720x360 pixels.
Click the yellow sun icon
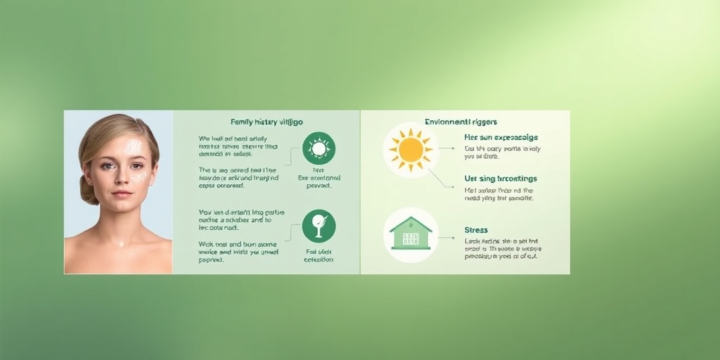pyautogui.click(x=411, y=150)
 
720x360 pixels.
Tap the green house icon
pyautogui.click(x=411, y=233)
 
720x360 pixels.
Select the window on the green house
pyautogui.click(x=411, y=238)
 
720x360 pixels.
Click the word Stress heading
pyautogui.click(x=476, y=230)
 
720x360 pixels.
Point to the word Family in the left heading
pyautogui.click(x=243, y=122)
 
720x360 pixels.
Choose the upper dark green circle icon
pyautogui.click(x=319, y=148)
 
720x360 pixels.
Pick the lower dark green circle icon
pyautogui.click(x=319, y=226)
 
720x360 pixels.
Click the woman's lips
pyautogui.click(x=122, y=193)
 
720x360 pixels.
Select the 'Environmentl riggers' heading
pyautogui.click(x=461, y=122)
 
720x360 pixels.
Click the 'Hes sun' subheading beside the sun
pyautogui.click(x=500, y=137)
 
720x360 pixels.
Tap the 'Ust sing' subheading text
pyautogui.click(x=500, y=179)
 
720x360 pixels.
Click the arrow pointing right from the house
pyautogui.click(x=446, y=238)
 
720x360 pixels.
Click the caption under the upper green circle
pyautogui.click(x=319, y=178)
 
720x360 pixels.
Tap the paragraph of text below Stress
pyautogui.click(x=502, y=248)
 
